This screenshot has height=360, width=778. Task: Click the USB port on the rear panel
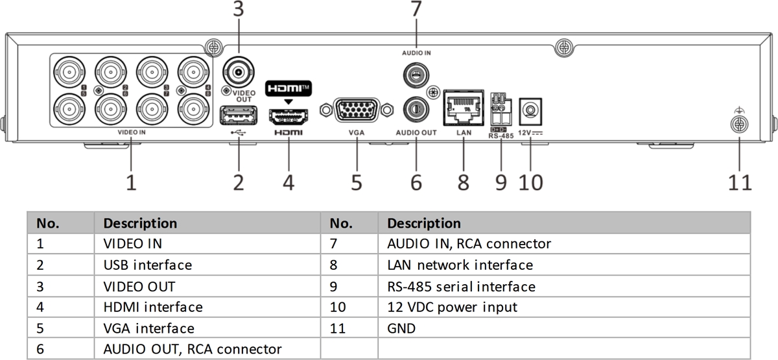pos(239,115)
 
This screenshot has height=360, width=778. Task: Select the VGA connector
pos(357,109)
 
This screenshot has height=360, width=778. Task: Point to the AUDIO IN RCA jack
pos(415,75)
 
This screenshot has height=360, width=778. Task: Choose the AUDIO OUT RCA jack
pos(415,109)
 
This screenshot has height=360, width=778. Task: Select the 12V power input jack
pos(531,109)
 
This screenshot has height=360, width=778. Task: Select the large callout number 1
pos(132,182)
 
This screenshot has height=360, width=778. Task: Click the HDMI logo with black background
pos(288,87)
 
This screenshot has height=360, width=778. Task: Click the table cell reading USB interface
pos(148,265)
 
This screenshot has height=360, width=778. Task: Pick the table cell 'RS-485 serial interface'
pos(461,286)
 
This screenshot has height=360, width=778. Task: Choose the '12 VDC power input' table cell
pos(452,307)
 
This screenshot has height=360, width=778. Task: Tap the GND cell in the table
pos(401,328)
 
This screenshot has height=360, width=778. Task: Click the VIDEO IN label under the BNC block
pos(132,132)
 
